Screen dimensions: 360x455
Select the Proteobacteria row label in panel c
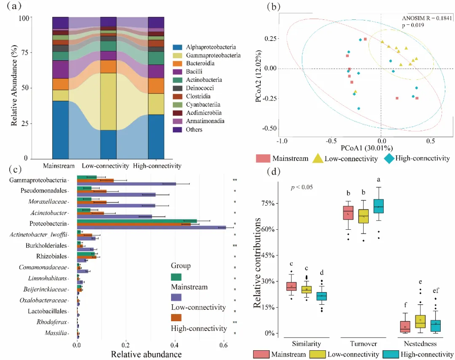point(54,223)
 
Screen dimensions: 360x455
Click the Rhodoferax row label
point(56,322)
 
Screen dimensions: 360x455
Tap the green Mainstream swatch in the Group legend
point(176,277)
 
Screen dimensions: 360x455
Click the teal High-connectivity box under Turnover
point(378,206)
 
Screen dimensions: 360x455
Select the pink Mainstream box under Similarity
point(291,286)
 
